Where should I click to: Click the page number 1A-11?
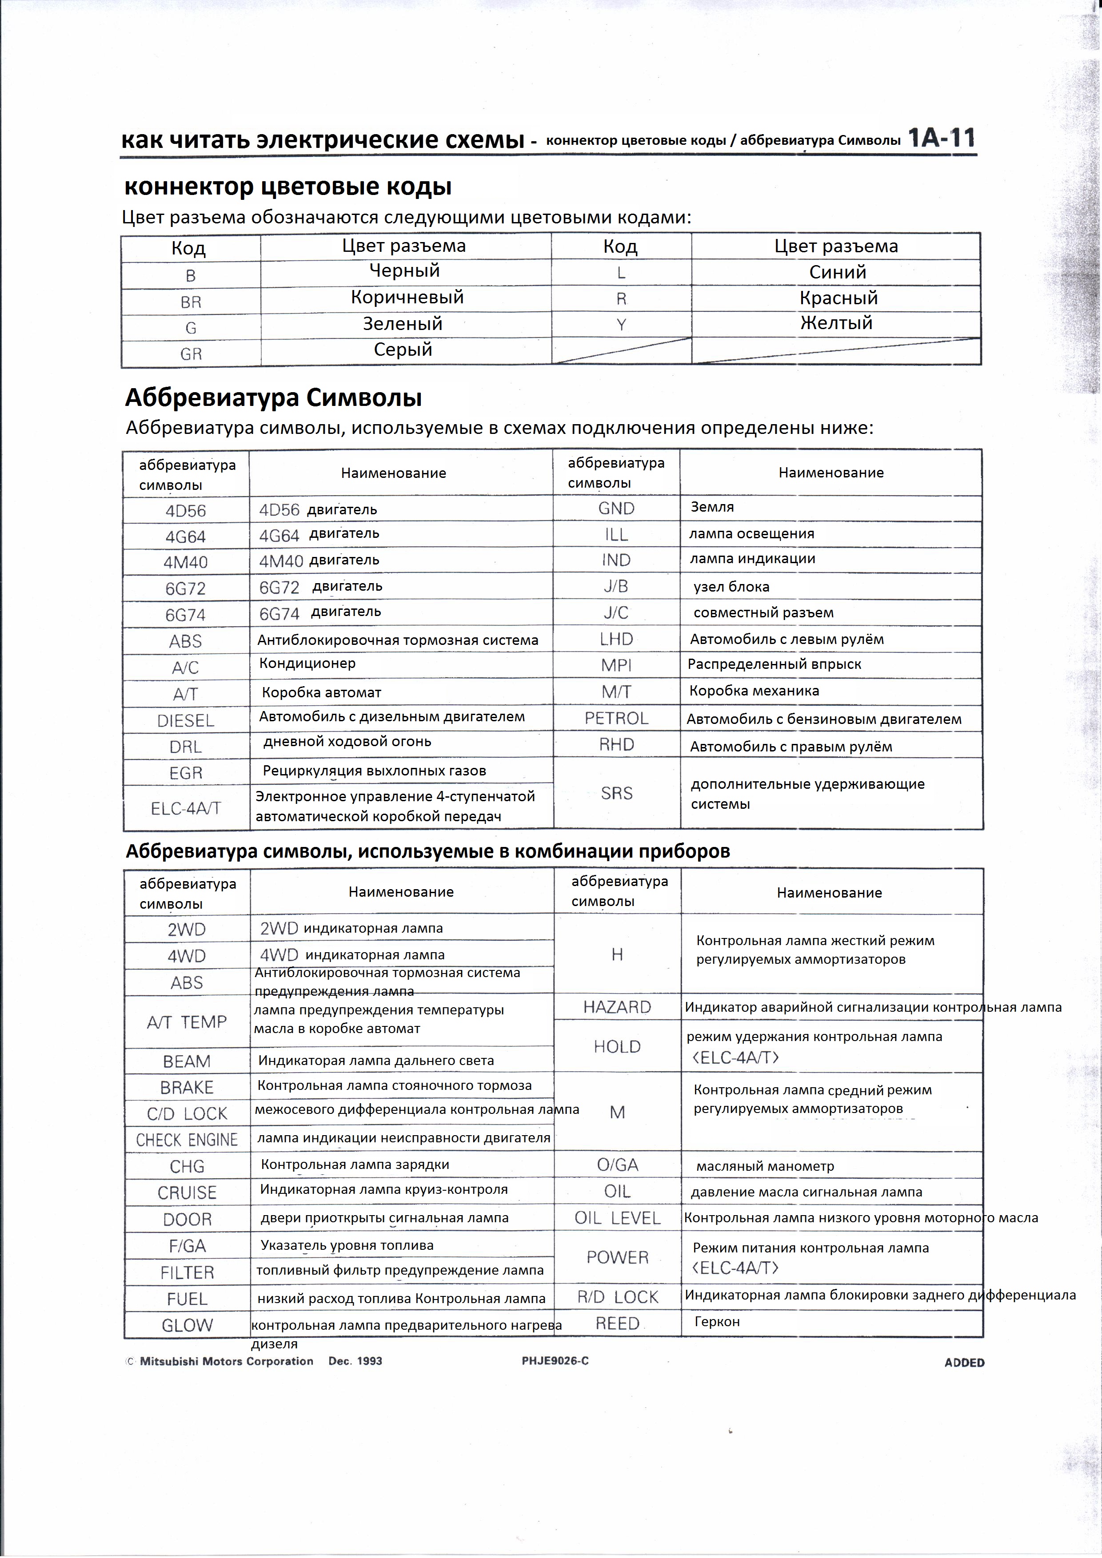tap(941, 139)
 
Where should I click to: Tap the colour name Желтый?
tap(836, 323)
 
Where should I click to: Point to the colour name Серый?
tap(403, 350)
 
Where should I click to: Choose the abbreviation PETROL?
tap(616, 718)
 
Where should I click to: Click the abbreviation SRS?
tap(616, 793)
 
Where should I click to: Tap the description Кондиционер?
tap(307, 663)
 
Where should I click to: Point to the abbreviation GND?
tap(616, 508)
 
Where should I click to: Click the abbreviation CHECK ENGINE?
tap(187, 1139)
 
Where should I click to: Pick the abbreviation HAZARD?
tap(616, 1007)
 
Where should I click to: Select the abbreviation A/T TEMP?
tap(187, 1021)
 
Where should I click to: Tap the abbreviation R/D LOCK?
tap(617, 1297)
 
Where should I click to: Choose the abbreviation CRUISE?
tap(187, 1192)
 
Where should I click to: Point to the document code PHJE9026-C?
tap(555, 1360)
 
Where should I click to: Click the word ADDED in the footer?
tap(964, 1362)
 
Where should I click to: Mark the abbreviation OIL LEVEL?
tap(617, 1218)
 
